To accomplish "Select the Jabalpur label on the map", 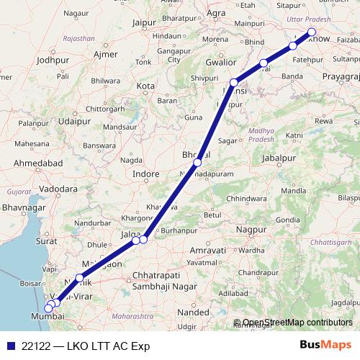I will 279,158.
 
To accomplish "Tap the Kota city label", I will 146,86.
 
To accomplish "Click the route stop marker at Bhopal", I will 197,163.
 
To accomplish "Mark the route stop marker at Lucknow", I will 312,31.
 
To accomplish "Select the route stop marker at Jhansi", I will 233,83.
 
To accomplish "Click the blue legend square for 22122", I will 8,346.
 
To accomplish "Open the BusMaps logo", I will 325,345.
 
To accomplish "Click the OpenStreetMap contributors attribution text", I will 297,323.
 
